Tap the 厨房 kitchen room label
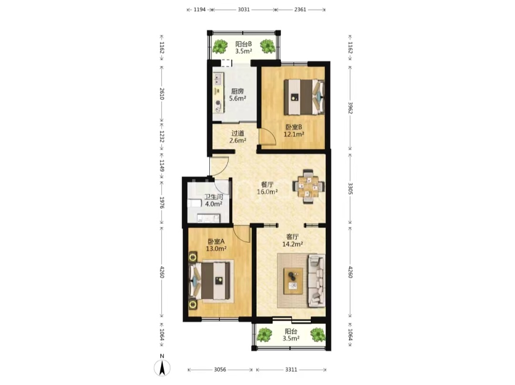point(237,91)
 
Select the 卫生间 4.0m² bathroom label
point(214,200)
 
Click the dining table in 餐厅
point(308,187)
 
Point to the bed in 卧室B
point(304,97)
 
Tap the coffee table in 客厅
point(293,281)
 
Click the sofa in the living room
point(316,281)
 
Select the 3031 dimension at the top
point(244,10)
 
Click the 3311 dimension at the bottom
point(291,370)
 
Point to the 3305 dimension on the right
point(350,188)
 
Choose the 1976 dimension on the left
point(162,202)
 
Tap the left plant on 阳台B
point(220,46)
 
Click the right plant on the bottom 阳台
point(318,335)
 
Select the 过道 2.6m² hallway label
point(238,137)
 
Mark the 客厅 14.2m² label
point(292,240)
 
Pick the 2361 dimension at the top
point(300,10)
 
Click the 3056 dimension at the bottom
point(220,370)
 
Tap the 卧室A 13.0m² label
point(216,245)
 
